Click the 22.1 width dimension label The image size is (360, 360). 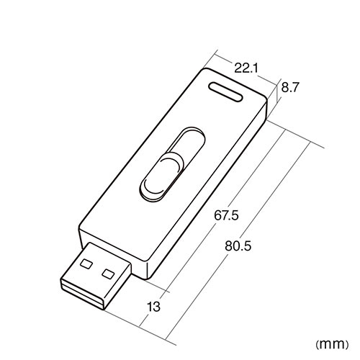246,68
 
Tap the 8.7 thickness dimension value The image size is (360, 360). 290,87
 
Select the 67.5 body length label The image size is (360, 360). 226,215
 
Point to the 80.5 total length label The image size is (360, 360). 238,246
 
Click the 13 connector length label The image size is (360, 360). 153,307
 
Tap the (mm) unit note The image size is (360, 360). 332,345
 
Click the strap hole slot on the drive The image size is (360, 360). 225,91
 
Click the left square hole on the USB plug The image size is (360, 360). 86,264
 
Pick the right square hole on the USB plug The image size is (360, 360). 108,274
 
